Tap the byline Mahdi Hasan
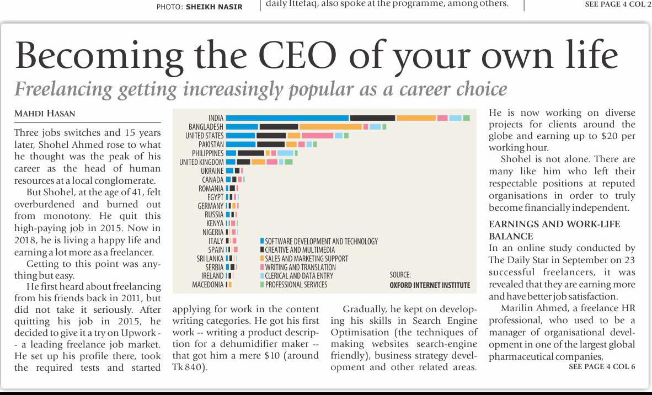(x=45, y=114)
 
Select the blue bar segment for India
(x=287, y=118)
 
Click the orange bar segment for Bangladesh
(x=330, y=127)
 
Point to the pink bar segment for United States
(x=317, y=136)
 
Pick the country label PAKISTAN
(x=211, y=145)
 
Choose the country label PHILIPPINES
(x=207, y=153)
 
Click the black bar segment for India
(x=372, y=118)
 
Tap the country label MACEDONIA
(x=207, y=285)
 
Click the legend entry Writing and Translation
(x=300, y=268)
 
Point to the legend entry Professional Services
(x=296, y=285)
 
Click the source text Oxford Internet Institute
(x=430, y=285)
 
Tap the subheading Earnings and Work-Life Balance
(x=554, y=230)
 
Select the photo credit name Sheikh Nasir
(x=214, y=7)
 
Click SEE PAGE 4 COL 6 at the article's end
(x=601, y=367)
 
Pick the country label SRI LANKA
(x=210, y=259)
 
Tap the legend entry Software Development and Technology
(x=321, y=242)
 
